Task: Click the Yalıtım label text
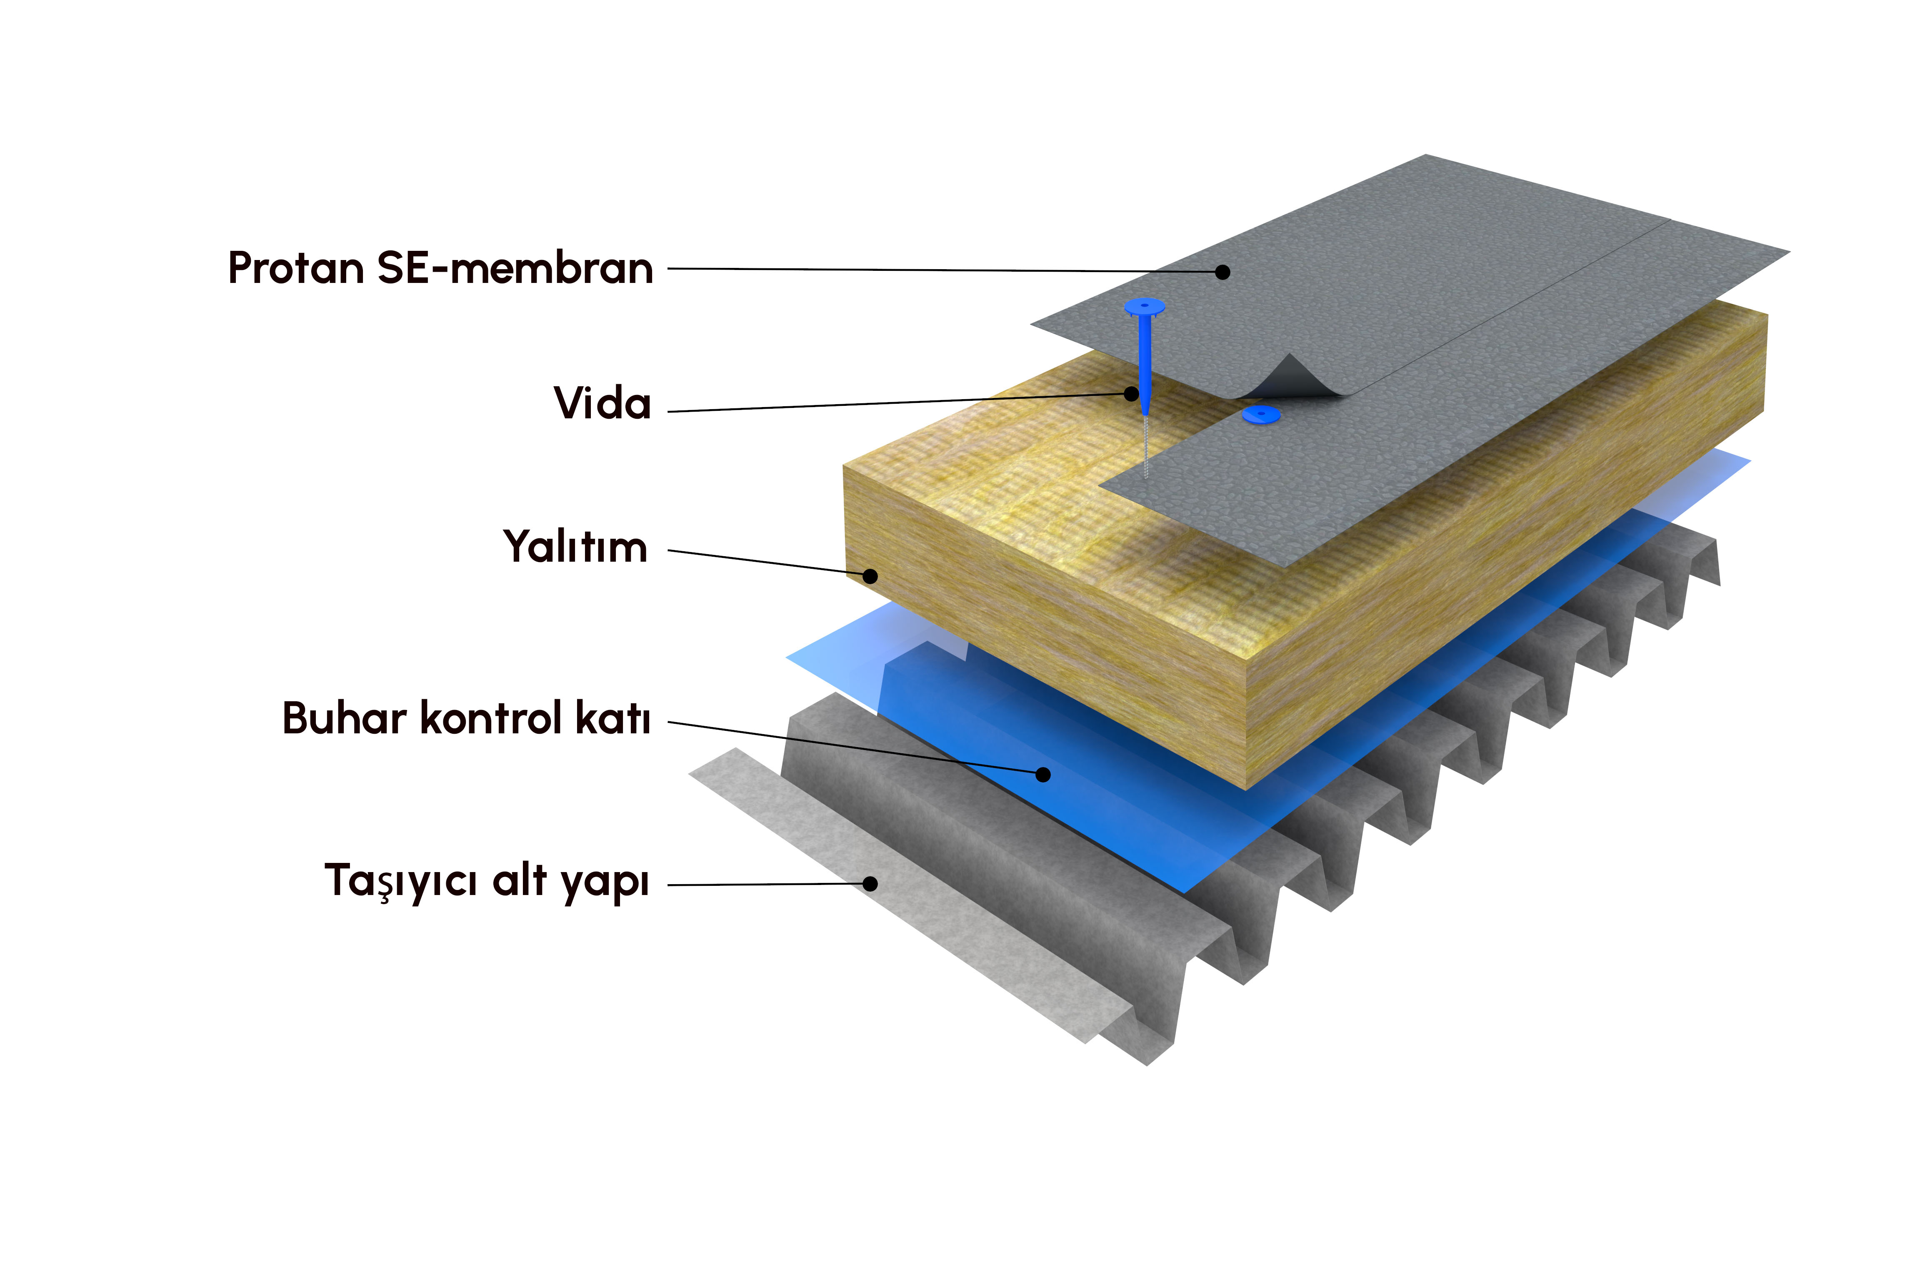pos(575,547)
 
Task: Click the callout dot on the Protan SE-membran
pos(1222,272)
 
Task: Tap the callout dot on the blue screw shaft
pos(1130,393)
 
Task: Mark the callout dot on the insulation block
pos(870,576)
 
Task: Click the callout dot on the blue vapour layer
pos(1042,774)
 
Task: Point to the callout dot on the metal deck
pos(870,883)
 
